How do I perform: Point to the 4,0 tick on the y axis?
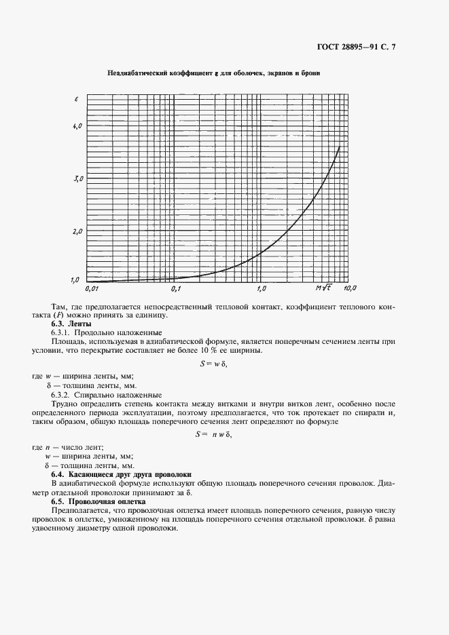77,126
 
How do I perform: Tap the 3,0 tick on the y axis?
77,178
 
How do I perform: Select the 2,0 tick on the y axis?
77,231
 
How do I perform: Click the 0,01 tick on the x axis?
92,289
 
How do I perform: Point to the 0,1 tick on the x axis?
176,289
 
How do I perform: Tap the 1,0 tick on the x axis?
261,289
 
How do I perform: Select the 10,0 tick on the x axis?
350,289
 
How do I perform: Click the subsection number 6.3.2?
62,395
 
